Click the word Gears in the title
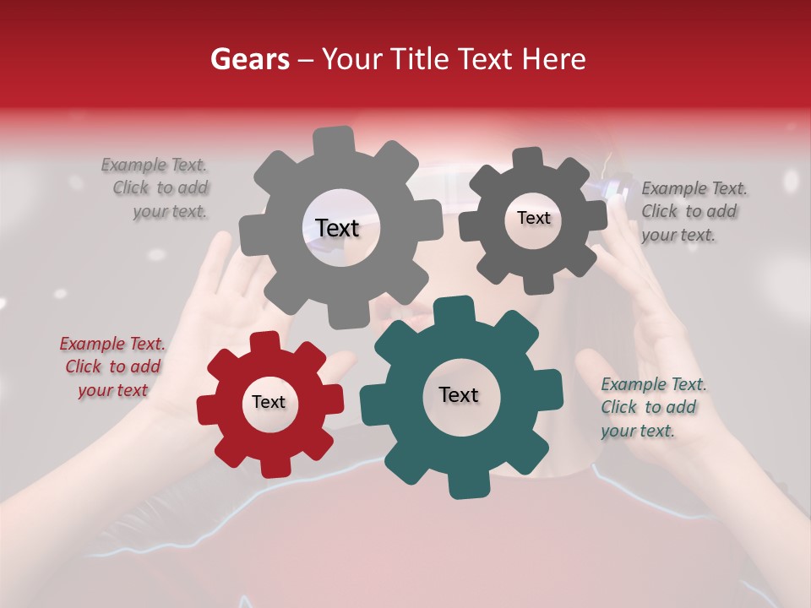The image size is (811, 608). pos(249,59)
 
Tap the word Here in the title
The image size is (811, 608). pos(553,59)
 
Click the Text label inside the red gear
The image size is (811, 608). pos(269,402)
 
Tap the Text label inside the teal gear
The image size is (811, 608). pos(459,394)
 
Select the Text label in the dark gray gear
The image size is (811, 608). pos(533,218)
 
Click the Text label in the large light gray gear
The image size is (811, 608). pos(337,228)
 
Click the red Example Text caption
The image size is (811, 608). pos(112,366)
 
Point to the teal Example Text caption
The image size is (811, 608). pos(653,407)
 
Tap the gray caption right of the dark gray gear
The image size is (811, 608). pos(694,211)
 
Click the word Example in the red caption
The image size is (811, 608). pos(92,344)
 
